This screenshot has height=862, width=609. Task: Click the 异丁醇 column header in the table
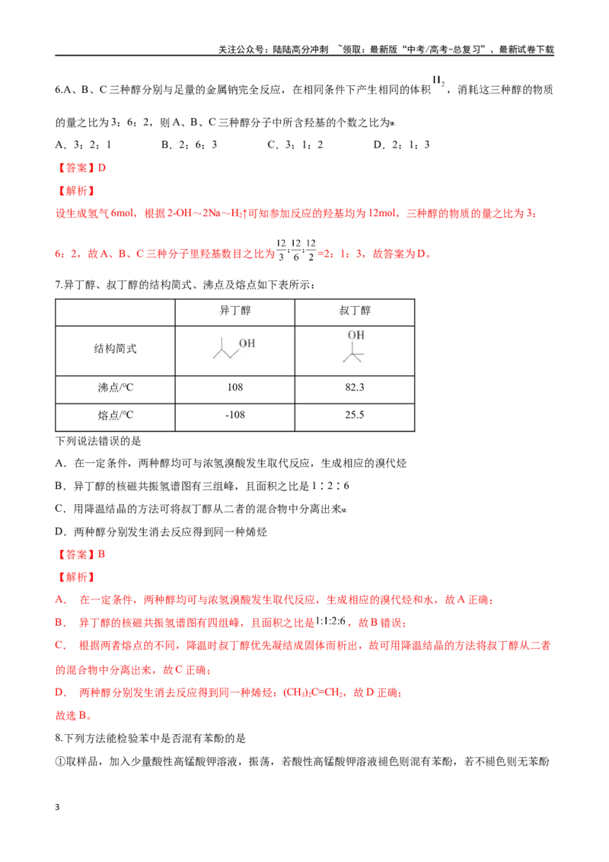point(234,311)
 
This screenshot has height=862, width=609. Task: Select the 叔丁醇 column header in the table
point(355,311)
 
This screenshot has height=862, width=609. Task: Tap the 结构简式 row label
point(115,349)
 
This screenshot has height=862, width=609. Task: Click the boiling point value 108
point(234,388)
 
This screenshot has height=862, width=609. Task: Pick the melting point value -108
point(234,415)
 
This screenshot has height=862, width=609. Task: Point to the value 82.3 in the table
point(355,388)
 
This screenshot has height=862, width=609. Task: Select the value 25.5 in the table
point(355,415)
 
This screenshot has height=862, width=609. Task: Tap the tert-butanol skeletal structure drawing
point(355,347)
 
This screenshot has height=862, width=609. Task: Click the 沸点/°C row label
point(116,388)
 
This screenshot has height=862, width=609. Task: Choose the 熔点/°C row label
point(116,415)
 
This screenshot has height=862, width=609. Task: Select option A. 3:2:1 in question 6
point(84,145)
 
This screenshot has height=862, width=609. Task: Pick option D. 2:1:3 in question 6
point(401,145)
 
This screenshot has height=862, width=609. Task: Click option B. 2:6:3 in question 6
point(189,145)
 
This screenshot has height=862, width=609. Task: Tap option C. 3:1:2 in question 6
point(295,145)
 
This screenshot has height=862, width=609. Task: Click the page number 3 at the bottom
point(57,807)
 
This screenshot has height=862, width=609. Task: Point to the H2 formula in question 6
point(438,81)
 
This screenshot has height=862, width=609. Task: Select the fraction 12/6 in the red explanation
point(295,250)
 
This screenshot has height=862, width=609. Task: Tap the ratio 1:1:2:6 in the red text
point(330,622)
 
